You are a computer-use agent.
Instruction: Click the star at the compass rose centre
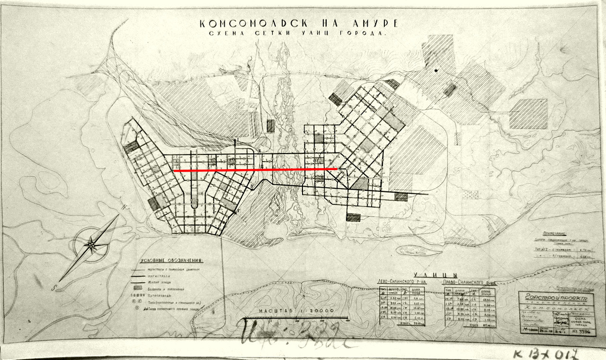click(91, 246)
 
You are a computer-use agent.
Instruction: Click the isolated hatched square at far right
click(528, 113)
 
